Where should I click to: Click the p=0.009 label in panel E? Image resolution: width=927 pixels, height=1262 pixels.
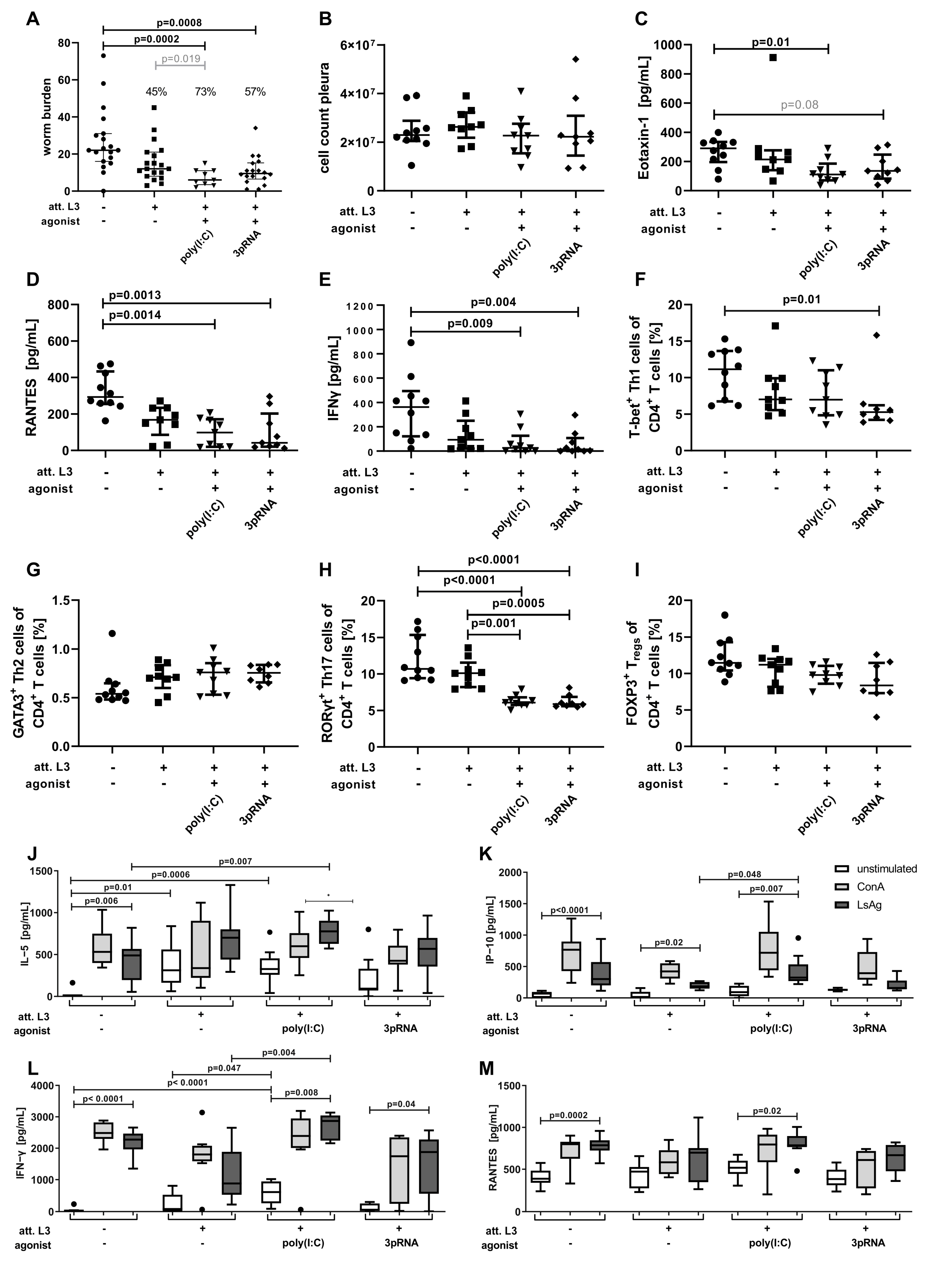click(470, 323)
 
